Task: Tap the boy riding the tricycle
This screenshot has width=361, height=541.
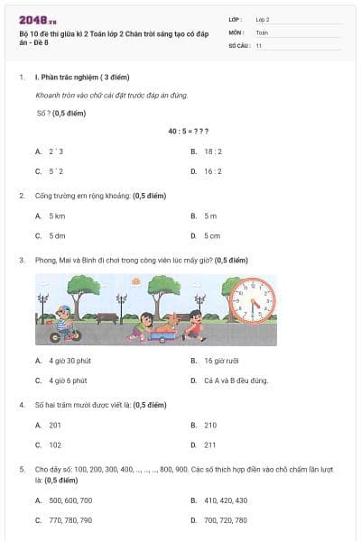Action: click(63, 323)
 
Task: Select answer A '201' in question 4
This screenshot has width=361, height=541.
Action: click(55, 425)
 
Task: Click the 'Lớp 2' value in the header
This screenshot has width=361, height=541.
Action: click(263, 18)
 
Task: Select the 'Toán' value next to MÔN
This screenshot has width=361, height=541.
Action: click(262, 32)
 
